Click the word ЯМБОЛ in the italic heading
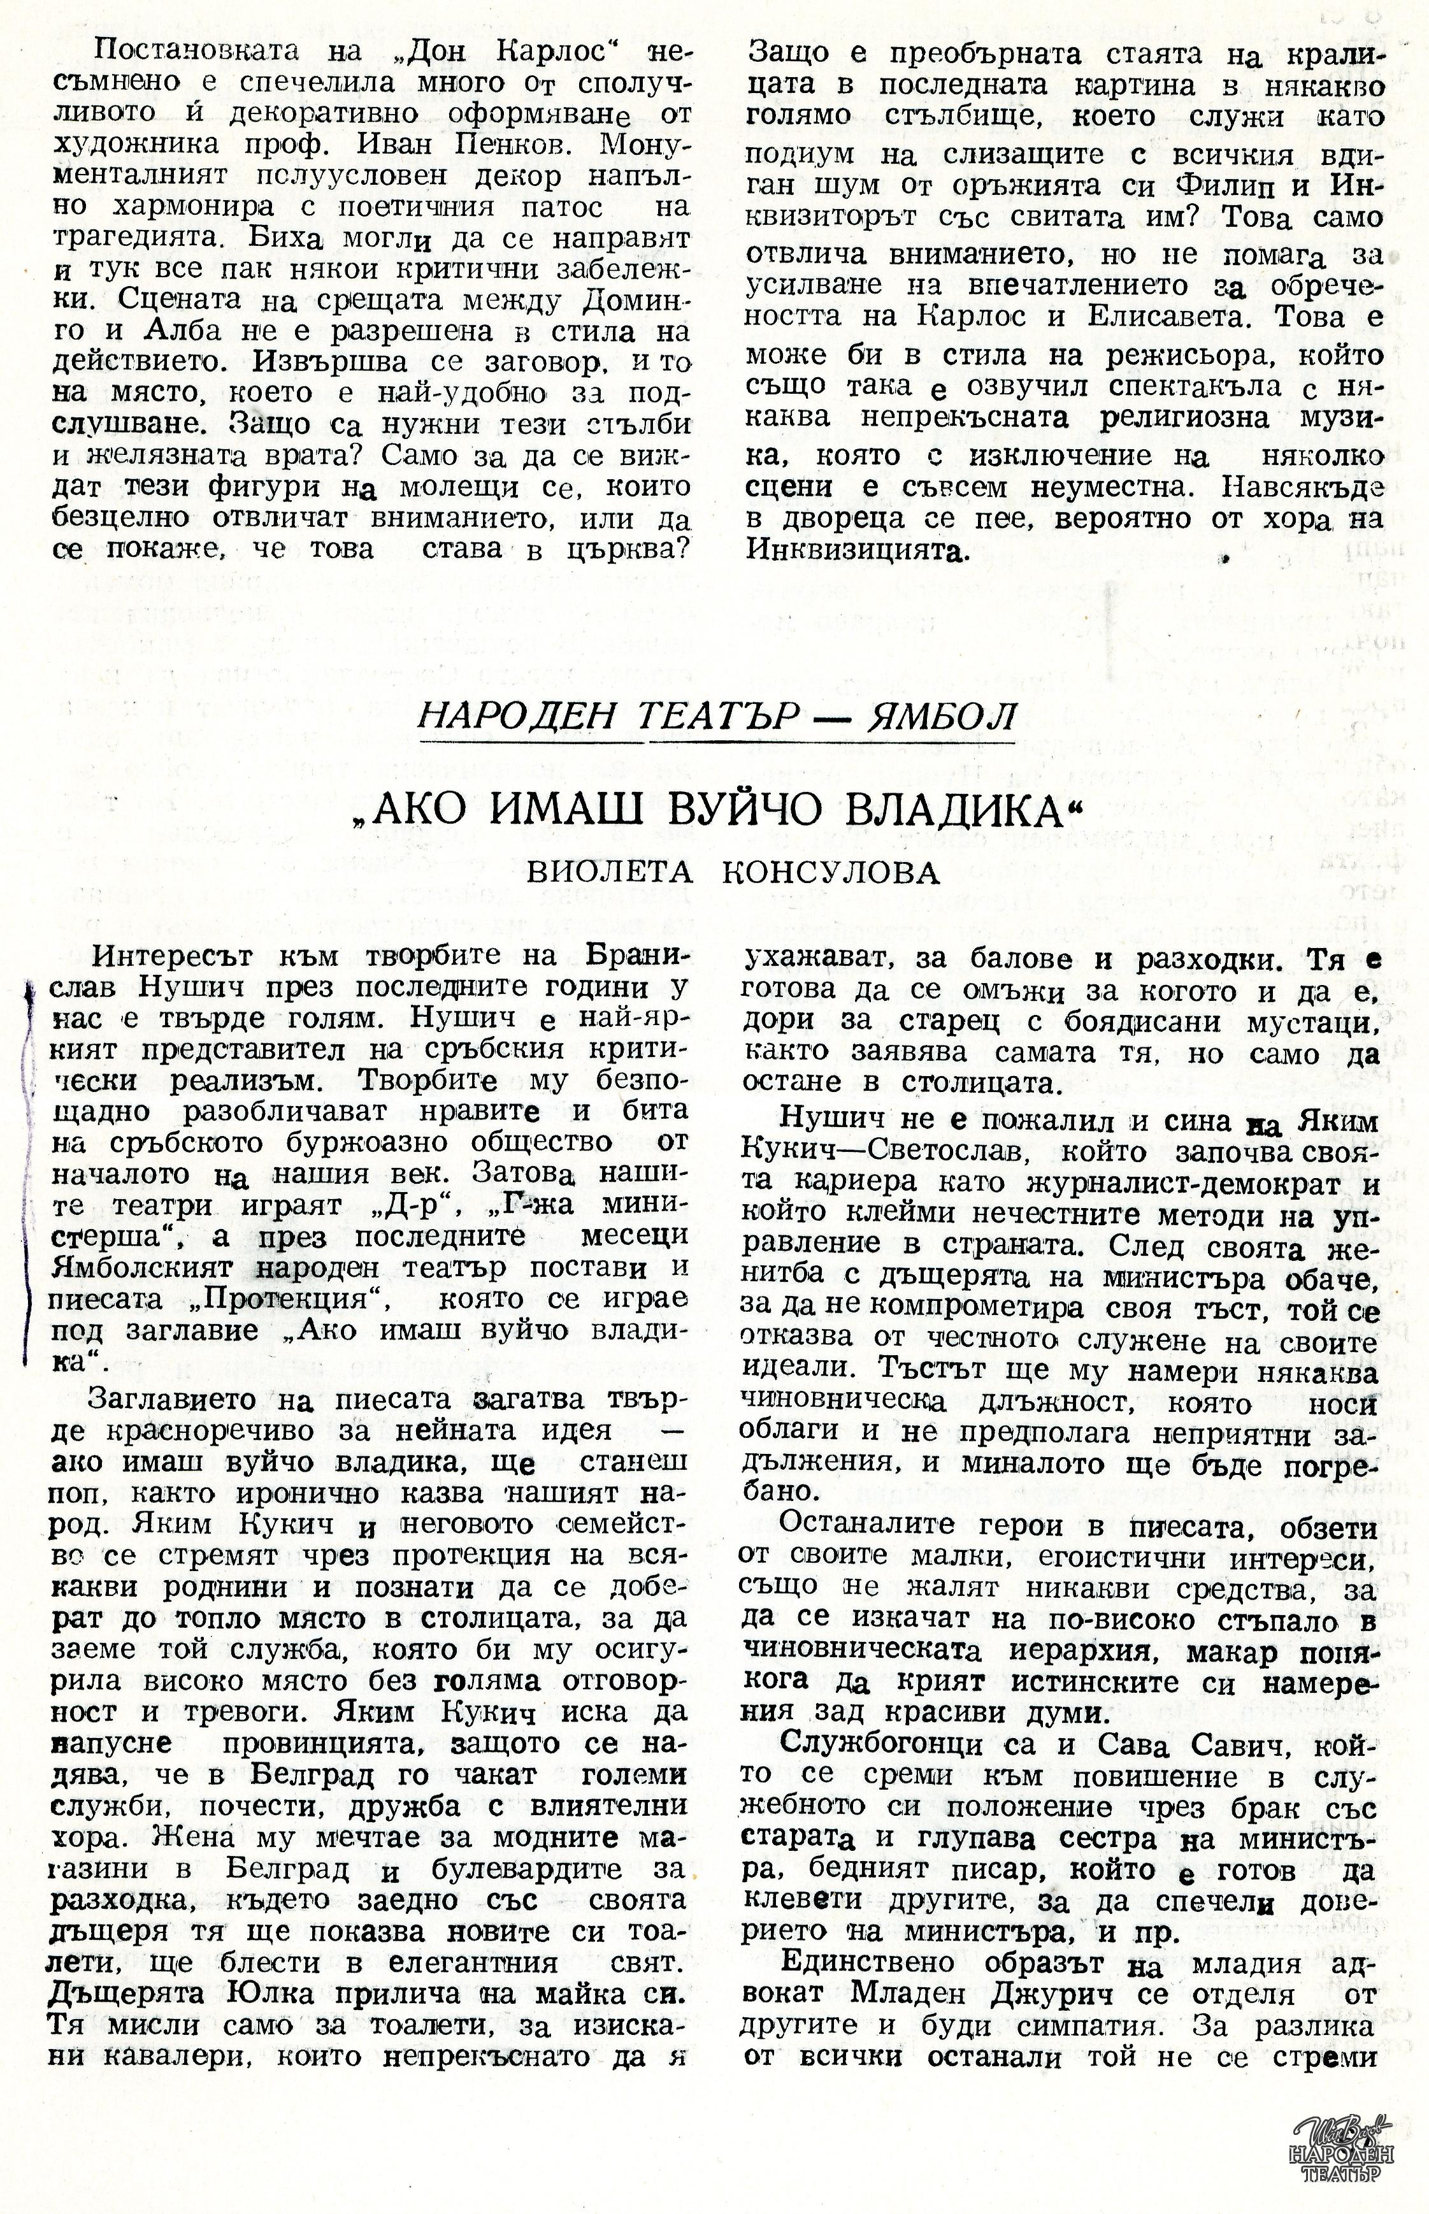(x=940, y=715)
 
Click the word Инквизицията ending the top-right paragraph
(x=854, y=551)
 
